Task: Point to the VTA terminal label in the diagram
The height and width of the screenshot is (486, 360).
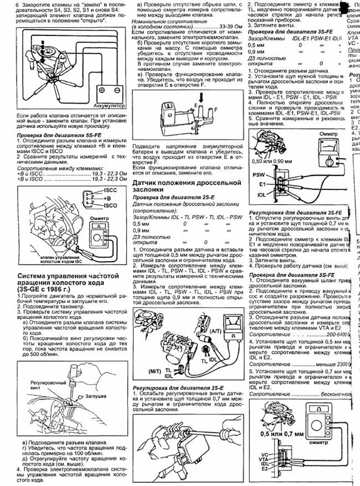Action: click(264, 459)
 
